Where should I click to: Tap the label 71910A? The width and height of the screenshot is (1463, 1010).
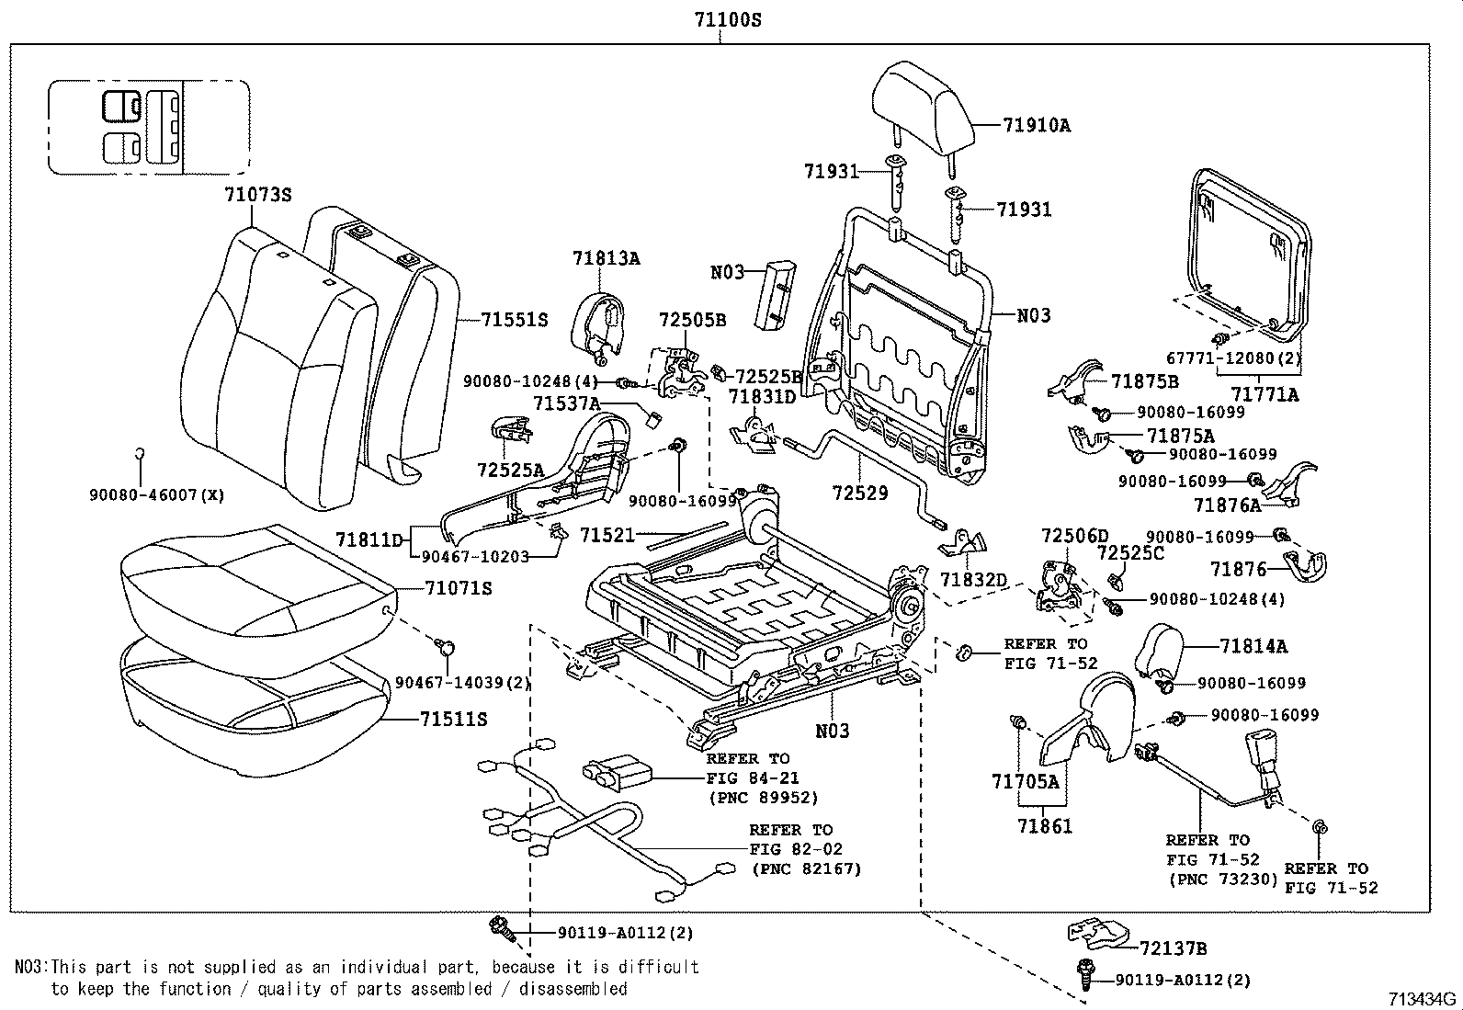coord(1036,126)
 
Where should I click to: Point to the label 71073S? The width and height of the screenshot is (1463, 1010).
coord(257,194)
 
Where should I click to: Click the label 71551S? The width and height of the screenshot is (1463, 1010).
coord(514,320)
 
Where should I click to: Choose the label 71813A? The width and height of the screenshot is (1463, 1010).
coord(606,258)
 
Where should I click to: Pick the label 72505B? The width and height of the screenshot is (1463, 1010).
coord(692,320)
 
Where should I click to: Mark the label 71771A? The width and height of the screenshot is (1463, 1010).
coord(1265,394)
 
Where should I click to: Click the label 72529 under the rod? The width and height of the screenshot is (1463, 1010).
coord(860,494)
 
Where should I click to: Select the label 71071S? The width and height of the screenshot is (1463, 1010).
coord(458,588)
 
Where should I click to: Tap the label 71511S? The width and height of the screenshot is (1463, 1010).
coord(453,719)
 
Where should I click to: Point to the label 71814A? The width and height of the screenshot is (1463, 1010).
coord(1253,646)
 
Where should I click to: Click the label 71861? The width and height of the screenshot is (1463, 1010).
coord(1045,826)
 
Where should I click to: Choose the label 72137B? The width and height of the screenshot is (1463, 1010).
coord(1173,948)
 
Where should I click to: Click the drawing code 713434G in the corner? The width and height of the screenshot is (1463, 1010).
coord(1423,999)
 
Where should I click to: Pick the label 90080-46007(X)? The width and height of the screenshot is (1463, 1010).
coord(157,494)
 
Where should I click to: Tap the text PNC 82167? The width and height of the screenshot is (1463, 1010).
coord(806,868)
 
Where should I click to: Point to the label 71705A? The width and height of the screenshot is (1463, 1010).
coord(1026,782)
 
